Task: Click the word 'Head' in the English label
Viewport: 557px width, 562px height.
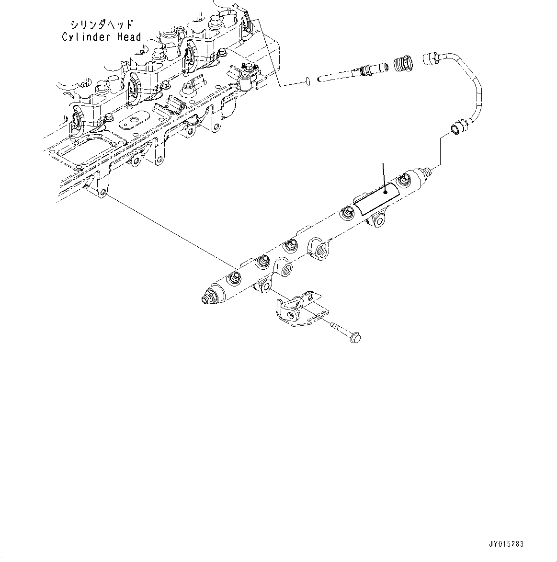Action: [129, 37]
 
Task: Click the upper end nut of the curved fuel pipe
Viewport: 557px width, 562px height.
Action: [432, 58]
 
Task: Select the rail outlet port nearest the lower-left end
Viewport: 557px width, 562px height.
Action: [235, 277]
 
